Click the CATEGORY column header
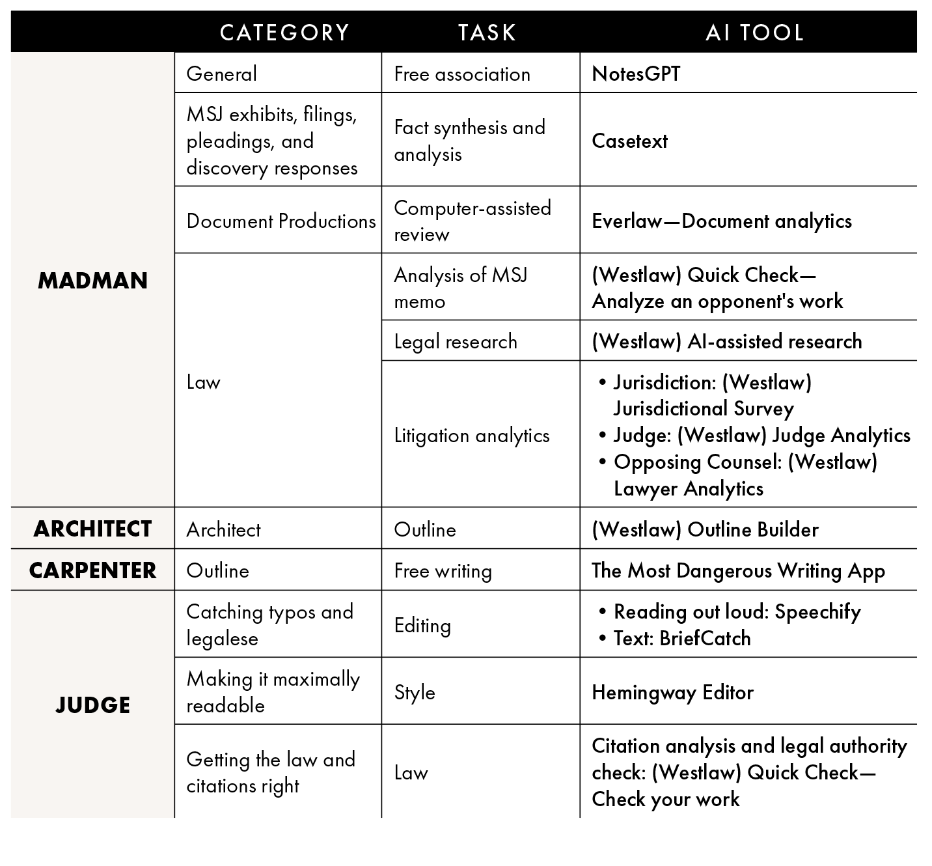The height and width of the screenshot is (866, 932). (x=284, y=33)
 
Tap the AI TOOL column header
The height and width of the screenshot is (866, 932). (x=754, y=33)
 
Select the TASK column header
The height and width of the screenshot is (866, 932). (x=487, y=33)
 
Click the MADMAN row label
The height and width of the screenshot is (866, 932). (x=92, y=281)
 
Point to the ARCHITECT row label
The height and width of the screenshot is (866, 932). (x=92, y=529)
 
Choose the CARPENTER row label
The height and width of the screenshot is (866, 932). (x=92, y=570)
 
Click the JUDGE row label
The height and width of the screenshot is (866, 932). (x=92, y=705)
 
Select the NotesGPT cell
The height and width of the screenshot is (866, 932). (x=636, y=74)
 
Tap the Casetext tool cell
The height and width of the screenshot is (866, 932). (x=629, y=141)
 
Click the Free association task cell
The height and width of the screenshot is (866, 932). (x=462, y=74)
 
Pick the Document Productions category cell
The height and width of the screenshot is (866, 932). (x=281, y=221)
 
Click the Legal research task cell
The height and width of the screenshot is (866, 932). (x=456, y=341)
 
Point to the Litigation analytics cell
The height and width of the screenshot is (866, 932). (x=472, y=435)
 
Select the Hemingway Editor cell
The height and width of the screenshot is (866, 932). (x=672, y=691)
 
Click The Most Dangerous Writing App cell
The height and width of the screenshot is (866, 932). (x=738, y=570)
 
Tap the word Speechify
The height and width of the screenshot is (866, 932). (x=817, y=611)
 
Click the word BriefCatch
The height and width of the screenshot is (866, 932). (x=705, y=638)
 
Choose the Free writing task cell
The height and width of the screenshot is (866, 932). (x=443, y=570)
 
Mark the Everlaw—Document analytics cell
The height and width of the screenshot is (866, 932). (x=721, y=221)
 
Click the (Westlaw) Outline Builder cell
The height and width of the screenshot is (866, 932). (x=705, y=529)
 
